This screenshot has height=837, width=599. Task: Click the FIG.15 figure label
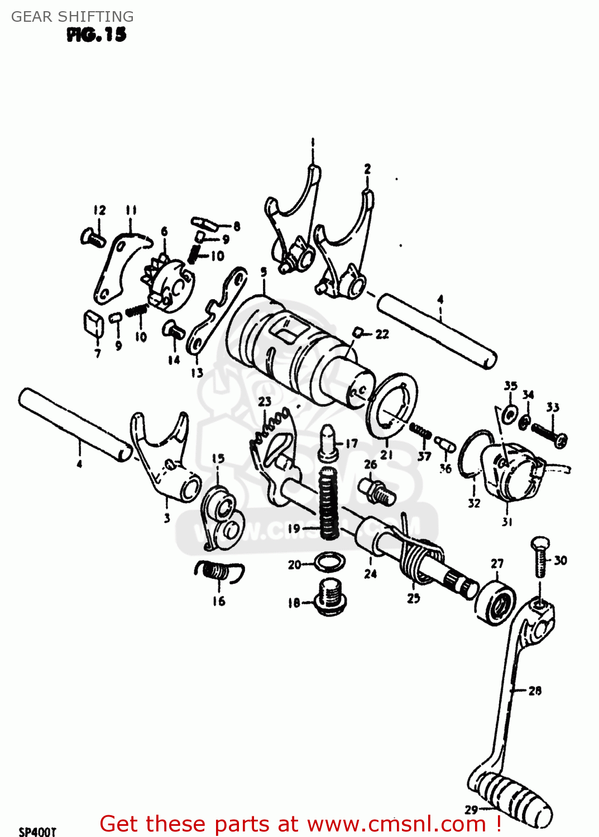tap(97, 35)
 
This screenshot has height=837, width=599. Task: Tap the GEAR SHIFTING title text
tap(73, 17)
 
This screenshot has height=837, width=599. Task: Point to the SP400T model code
tap(37, 831)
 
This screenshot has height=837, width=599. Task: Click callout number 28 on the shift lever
tap(535, 691)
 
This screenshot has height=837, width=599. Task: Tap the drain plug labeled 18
tap(330, 597)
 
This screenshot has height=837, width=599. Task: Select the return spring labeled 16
tap(218, 571)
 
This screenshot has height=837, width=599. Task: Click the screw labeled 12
tap(93, 238)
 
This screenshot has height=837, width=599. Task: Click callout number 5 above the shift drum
tap(263, 272)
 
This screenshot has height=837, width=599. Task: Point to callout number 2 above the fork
tap(367, 169)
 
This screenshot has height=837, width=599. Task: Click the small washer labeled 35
tap(509, 413)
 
